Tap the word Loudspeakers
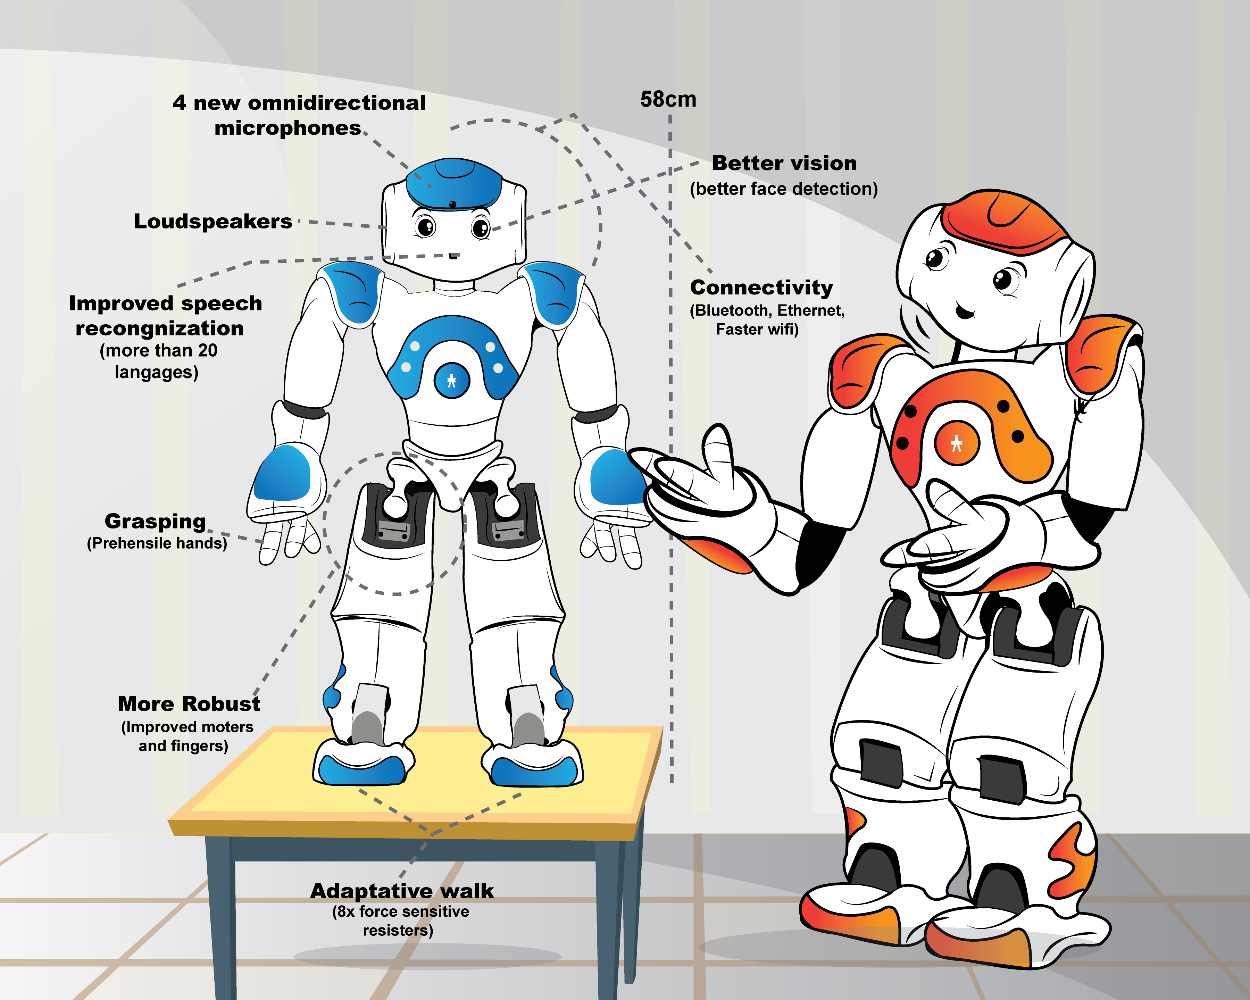tap(213, 222)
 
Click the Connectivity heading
tap(761, 287)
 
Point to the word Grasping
tap(155, 521)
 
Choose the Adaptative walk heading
tap(402, 890)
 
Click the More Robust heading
tap(189, 704)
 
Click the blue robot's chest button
tap(452, 380)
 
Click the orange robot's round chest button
tap(957, 443)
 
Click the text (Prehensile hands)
tap(157, 543)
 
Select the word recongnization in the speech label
tap(159, 329)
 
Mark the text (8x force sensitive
tap(401, 911)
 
